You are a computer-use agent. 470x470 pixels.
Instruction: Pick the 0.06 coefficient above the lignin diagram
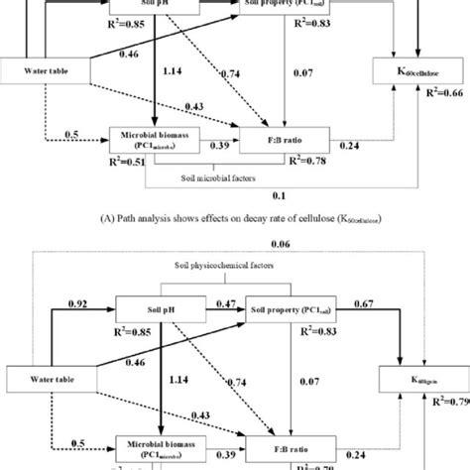coord(283,244)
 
